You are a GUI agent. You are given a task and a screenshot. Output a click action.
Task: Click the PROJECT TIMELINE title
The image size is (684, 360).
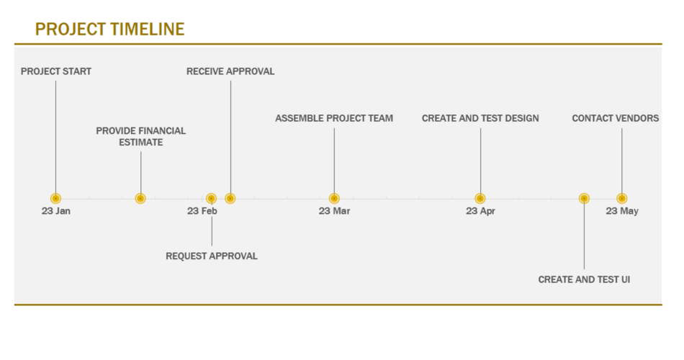point(109,30)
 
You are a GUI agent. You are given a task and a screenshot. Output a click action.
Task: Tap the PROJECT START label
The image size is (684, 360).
point(56,71)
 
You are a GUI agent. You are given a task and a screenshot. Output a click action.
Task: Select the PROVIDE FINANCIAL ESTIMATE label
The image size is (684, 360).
point(140,137)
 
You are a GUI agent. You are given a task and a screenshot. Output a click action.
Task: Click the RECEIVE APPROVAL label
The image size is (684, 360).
point(230,71)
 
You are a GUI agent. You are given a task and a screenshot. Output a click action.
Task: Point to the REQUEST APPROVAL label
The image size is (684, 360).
point(212,256)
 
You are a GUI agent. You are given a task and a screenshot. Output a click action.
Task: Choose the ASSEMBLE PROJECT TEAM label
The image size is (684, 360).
point(334,118)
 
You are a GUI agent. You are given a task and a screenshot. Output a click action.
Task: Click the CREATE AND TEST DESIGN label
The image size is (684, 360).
point(480,118)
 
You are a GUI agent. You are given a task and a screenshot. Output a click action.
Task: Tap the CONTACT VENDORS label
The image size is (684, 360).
point(616,118)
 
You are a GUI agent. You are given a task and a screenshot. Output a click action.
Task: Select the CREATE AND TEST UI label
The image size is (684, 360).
point(584,279)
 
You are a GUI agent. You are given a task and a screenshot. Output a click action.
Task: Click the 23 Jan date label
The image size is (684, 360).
point(56,211)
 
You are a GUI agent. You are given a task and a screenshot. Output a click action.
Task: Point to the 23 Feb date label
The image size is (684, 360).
point(202,211)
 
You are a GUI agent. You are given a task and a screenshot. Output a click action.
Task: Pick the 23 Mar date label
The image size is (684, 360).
point(334,211)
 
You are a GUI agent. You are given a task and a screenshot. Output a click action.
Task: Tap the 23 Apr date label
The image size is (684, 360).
point(480,211)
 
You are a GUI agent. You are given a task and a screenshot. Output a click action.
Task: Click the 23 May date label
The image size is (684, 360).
point(622,211)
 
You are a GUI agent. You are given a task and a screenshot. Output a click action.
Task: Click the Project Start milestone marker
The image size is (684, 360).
point(55,199)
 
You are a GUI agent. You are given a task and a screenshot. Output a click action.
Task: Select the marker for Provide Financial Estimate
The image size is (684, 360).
point(140,199)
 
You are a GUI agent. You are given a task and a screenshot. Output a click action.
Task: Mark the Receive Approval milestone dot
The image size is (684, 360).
point(230,199)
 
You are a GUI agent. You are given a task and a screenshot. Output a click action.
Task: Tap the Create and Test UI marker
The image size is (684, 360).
point(584,199)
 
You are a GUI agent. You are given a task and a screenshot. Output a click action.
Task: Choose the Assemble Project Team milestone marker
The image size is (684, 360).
point(334,199)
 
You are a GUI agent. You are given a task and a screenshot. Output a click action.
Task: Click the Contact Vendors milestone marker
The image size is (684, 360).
point(621,199)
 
